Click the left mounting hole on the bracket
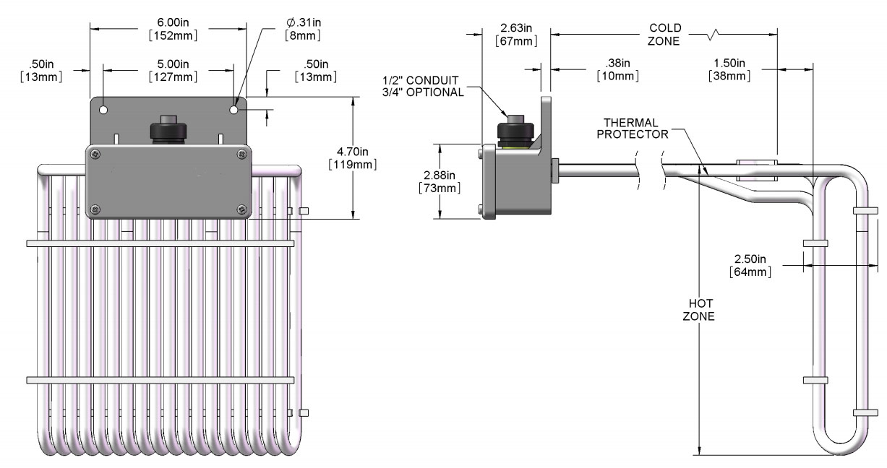104,110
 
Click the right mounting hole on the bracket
234,110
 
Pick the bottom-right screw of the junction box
241,209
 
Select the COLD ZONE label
664,35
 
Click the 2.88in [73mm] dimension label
440,181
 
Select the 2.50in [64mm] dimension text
752,265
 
